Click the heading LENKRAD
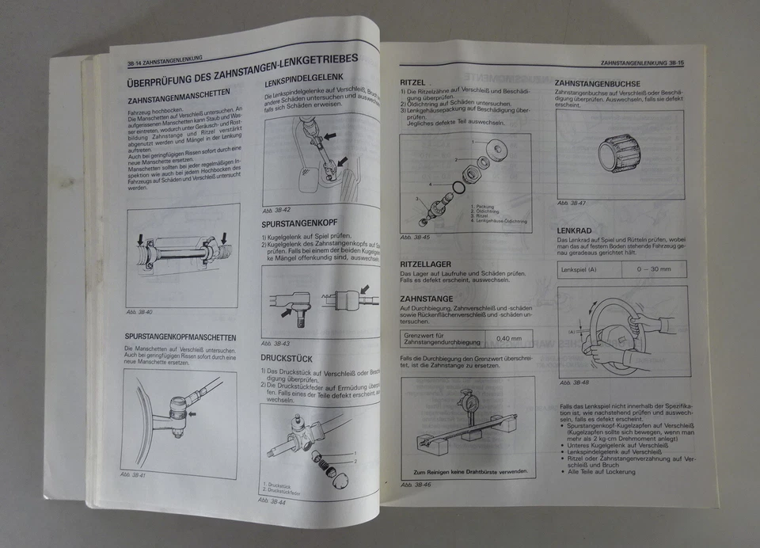(x=576, y=230)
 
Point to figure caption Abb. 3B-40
(x=140, y=312)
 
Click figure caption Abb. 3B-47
(x=572, y=203)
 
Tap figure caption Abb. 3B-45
(x=415, y=237)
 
